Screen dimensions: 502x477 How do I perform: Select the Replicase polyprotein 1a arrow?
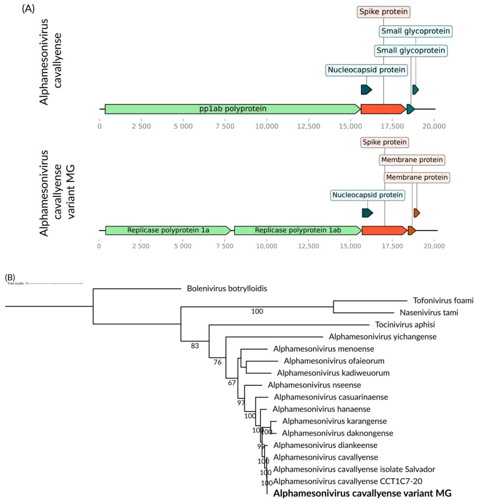[x=168, y=230]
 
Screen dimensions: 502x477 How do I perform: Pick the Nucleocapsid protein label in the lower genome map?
[x=367, y=195]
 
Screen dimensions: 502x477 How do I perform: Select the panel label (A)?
[x=28, y=9]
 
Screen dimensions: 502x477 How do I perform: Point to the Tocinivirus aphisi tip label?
[x=405, y=325]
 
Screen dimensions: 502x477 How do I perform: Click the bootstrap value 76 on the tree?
[x=217, y=362]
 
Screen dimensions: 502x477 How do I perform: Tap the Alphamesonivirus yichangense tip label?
[x=382, y=337]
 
